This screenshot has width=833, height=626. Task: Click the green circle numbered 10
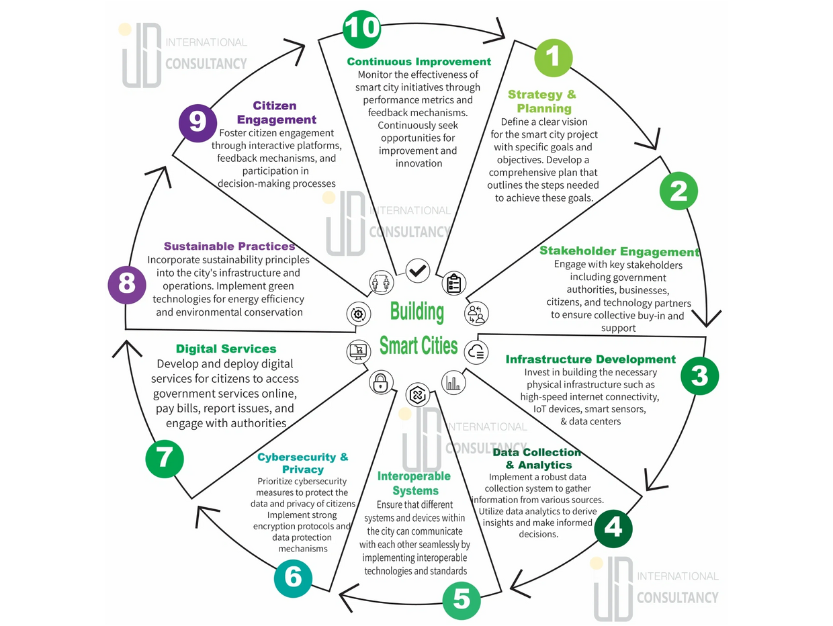coord(362,28)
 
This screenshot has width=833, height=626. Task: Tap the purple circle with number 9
coord(198,122)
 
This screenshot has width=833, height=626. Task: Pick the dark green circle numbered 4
coord(613,528)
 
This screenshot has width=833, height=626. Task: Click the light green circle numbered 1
coord(553,57)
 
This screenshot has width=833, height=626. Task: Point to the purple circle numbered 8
coord(127,284)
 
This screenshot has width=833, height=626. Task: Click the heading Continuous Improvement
coord(419,62)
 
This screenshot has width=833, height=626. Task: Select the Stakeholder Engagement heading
coord(619,252)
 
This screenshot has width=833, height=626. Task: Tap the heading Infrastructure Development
coord(590,359)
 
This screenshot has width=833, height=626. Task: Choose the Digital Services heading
coord(226,349)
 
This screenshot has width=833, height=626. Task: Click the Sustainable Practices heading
coord(230,247)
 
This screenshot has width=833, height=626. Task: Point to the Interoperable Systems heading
coord(414,484)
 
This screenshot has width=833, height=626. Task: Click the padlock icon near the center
coord(380,384)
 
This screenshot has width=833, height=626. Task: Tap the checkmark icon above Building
coord(418,271)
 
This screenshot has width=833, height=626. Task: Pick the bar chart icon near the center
coord(453,382)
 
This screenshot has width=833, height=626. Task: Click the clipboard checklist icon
coord(453,283)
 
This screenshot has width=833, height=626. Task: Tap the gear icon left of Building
coord(358,314)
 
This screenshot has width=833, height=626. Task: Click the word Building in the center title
coord(417,312)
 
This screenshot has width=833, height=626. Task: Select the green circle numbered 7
coord(165,459)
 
